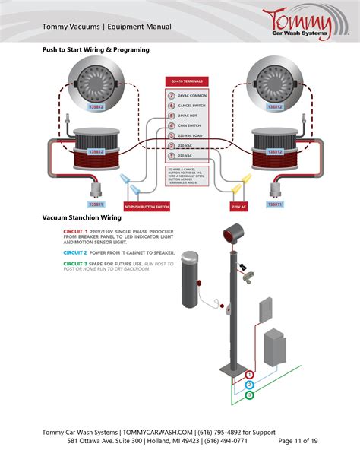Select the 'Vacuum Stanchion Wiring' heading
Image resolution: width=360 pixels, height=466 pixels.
(81, 217)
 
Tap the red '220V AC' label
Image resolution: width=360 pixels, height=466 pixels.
(240, 206)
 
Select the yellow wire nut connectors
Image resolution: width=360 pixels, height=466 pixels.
(242, 184)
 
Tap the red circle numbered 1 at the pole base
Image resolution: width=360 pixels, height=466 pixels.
(249, 375)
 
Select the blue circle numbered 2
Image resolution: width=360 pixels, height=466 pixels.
(249, 385)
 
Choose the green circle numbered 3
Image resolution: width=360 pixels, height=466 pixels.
(249, 395)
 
